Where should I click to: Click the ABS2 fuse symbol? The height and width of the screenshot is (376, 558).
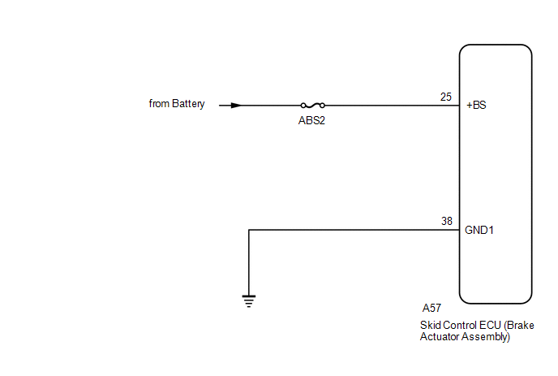coord(312,105)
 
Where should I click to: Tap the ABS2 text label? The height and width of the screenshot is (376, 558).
coord(312,120)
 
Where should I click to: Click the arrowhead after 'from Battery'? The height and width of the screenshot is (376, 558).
coord(235,105)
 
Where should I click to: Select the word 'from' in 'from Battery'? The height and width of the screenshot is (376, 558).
coord(158,104)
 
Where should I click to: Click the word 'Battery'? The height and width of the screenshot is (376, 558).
coord(188,104)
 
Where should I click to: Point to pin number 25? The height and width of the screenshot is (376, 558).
coord(446,97)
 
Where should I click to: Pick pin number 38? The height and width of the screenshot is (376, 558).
coord(446,221)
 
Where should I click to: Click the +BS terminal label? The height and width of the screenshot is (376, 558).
coord(476,106)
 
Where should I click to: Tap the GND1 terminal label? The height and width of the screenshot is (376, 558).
coord(479,230)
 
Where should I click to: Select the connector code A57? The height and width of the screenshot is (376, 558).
coord(431,309)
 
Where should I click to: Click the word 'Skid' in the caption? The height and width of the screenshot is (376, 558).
coord(430,325)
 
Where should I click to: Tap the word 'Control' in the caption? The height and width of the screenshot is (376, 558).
coord(459,325)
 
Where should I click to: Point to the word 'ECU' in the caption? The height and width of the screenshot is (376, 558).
coord(489,325)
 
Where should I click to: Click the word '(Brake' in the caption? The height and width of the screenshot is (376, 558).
coord(520,325)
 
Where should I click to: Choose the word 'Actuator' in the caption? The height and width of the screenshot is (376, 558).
coord(439,337)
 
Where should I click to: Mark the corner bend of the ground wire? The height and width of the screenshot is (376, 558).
coord(249,230)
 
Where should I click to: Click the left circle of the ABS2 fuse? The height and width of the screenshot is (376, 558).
coord(303,105)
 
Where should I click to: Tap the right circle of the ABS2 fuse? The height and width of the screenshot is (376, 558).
coord(323,105)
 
